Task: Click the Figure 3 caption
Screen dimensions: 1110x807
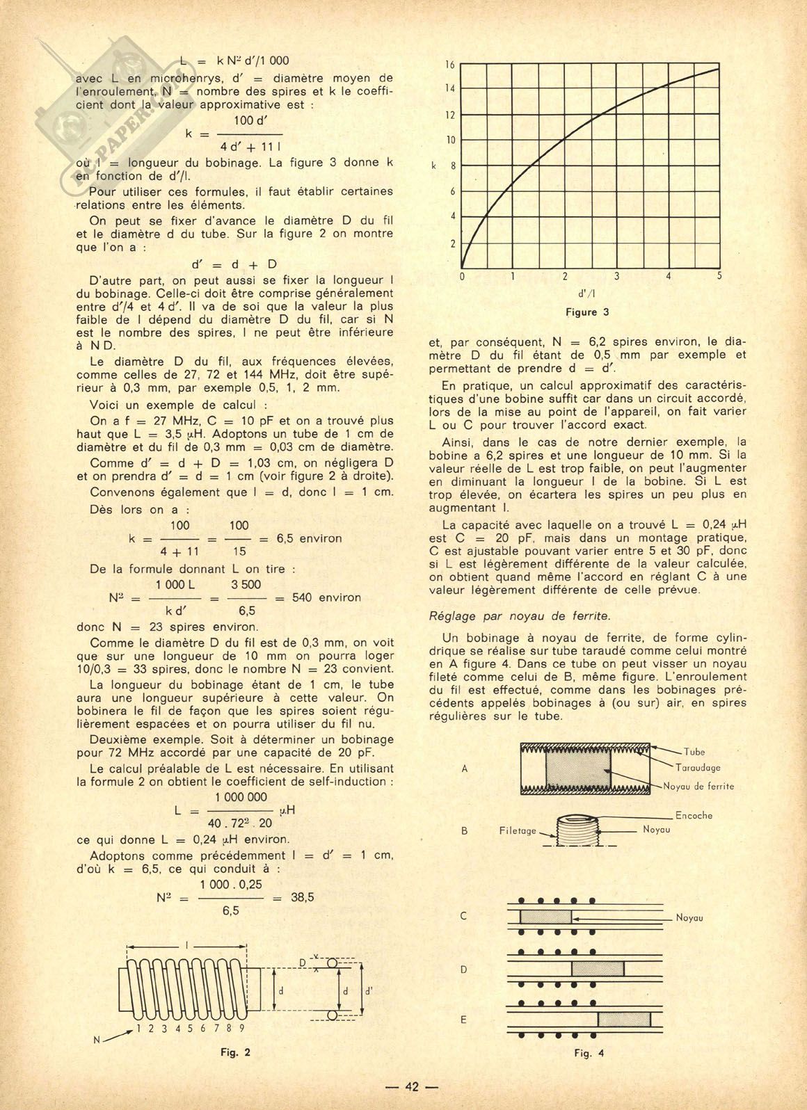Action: point(587,312)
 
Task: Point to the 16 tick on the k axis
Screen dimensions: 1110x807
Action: point(449,65)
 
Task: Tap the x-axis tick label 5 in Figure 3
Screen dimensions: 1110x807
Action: point(719,276)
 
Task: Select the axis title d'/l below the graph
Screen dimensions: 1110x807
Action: point(587,293)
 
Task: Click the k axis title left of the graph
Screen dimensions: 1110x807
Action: point(434,167)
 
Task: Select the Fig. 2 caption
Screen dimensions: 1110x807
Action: point(235,1052)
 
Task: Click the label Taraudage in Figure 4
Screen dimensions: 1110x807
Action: point(698,768)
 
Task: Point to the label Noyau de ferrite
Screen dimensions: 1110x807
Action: point(698,787)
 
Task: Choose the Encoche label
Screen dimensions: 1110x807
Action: point(694,815)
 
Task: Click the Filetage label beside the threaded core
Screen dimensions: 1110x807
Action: point(518,830)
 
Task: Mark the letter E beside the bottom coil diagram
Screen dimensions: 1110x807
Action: point(464,1020)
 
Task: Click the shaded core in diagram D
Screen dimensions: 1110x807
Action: point(597,969)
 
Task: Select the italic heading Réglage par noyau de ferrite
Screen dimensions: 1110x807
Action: point(520,615)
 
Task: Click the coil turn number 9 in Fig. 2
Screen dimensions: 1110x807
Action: point(241,1027)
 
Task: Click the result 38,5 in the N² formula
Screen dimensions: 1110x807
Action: point(301,897)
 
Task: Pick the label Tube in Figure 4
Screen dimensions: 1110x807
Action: point(694,752)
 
